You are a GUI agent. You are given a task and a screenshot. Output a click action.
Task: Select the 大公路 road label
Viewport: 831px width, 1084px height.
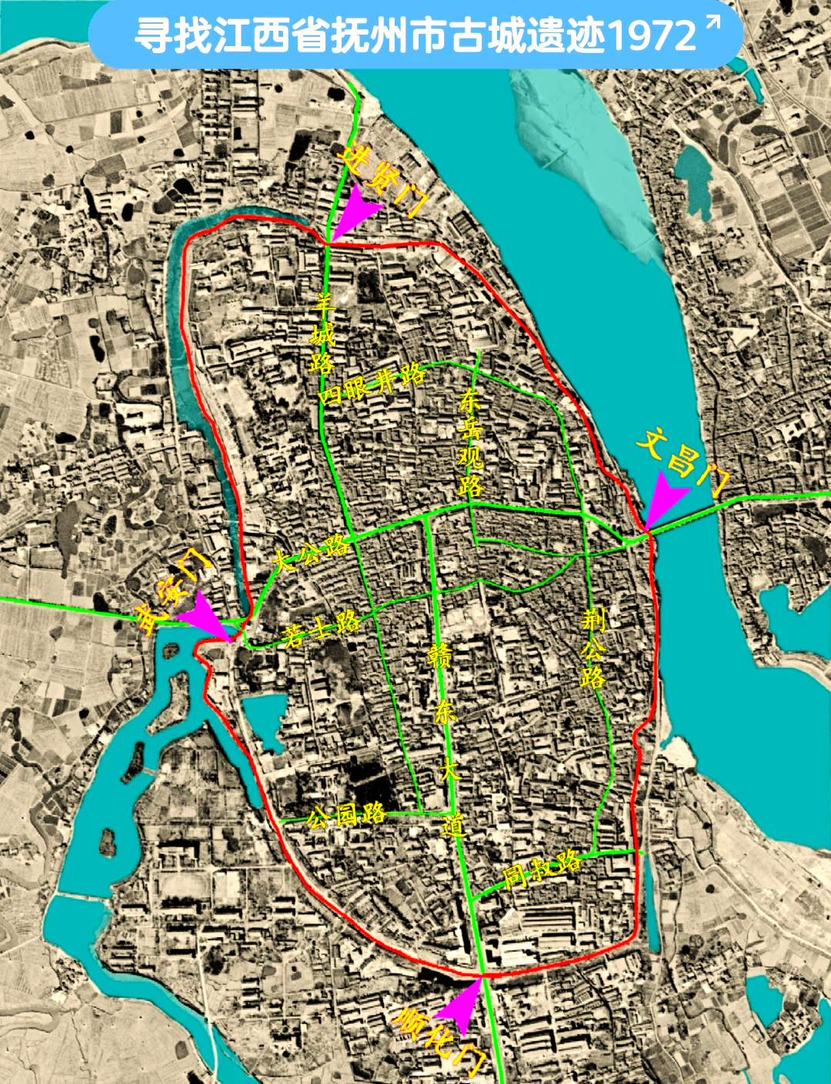coord(311,553)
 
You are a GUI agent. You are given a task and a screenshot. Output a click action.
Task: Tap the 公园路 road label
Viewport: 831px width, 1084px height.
coord(345,814)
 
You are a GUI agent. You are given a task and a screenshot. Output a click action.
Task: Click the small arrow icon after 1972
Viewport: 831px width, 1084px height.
coord(713,24)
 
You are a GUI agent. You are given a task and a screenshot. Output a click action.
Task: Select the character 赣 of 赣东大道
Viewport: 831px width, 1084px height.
coord(440,657)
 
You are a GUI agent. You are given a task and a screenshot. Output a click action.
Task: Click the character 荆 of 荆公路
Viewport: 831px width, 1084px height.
coord(593,620)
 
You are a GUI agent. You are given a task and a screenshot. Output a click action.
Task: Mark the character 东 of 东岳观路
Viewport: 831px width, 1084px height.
coord(469,400)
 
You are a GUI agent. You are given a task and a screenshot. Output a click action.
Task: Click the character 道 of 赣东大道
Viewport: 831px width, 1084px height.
coord(453,824)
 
